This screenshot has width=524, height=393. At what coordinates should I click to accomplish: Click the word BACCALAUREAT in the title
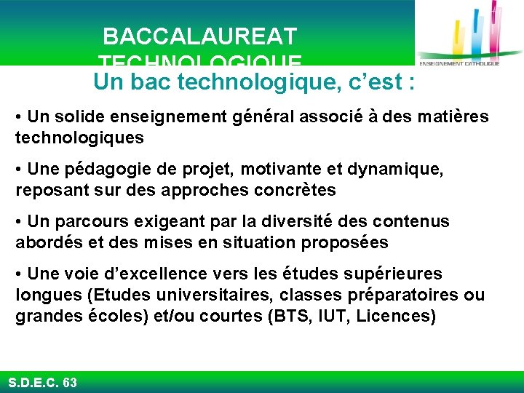[x=199, y=36]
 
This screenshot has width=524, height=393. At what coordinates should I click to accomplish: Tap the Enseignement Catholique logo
[x=470, y=36]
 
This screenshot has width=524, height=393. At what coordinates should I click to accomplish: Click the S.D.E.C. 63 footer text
[x=42, y=382]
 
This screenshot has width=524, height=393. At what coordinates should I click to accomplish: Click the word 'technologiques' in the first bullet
[x=79, y=138]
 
